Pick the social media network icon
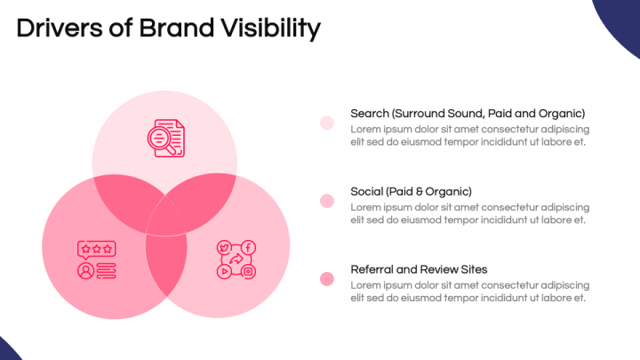236,260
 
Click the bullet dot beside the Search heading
327,123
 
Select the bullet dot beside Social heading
327,201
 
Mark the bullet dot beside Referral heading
327,279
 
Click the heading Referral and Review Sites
419,269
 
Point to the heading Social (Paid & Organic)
411,191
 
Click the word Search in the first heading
370,114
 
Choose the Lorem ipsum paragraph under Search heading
469,135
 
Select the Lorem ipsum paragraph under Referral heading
469,292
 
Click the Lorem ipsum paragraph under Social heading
469,213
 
